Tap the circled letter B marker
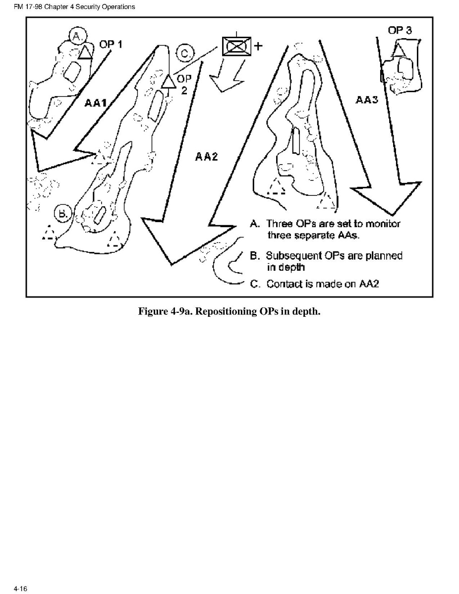tap(63, 213)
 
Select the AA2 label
tap(207, 157)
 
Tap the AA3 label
tap(367, 100)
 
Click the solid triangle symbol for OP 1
tap(86, 52)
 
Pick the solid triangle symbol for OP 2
tap(168, 80)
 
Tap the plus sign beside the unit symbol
tap(258, 46)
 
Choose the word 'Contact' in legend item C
tap(282, 284)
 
